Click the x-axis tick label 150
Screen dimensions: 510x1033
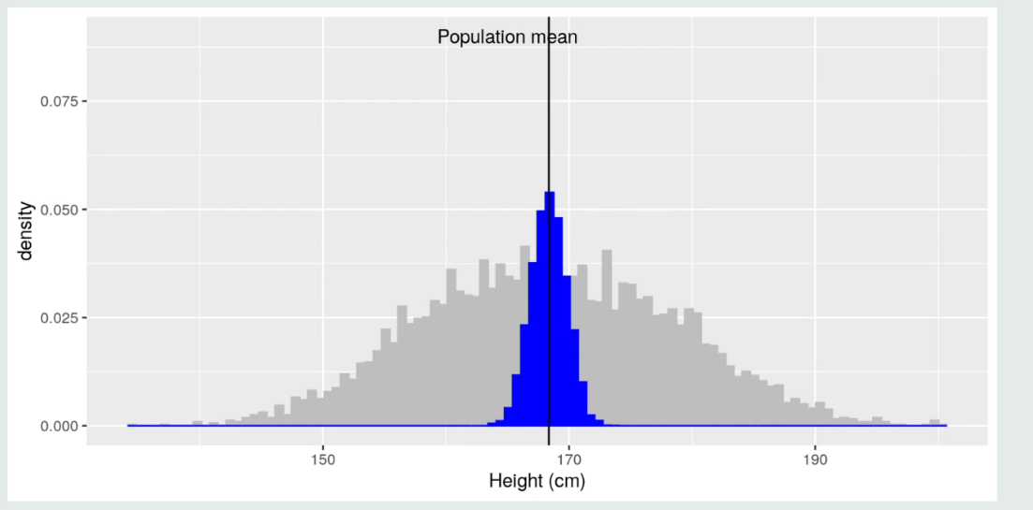tap(323, 459)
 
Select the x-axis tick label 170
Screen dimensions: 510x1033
tap(568, 459)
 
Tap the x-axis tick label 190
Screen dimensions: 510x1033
tap(815, 459)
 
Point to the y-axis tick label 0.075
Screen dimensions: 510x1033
tap(60, 101)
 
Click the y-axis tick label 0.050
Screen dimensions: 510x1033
tap(60, 210)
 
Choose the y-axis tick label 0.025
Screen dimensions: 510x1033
tap(60, 318)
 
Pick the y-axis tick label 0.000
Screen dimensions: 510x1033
tap(60, 427)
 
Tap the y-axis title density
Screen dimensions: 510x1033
tap(27, 231)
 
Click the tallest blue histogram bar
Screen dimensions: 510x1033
tap(550, 309)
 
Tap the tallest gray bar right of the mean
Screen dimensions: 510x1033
tap(607, 337)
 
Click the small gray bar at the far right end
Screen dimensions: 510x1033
tap(934, 422)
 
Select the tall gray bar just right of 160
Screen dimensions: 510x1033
tap(451, 346)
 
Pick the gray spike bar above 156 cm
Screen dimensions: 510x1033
tap(402, 365)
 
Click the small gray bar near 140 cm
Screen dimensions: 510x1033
tap(198, 423)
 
